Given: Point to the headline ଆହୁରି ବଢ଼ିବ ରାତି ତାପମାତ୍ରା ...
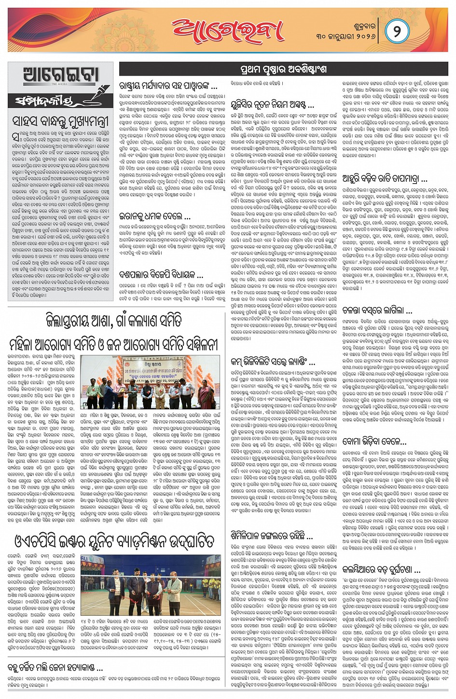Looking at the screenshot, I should [384, 179].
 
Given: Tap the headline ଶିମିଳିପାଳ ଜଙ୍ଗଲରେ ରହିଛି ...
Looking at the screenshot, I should [268, 536].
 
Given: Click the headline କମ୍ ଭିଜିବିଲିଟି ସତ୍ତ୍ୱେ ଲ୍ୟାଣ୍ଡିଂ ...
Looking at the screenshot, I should [273, 361].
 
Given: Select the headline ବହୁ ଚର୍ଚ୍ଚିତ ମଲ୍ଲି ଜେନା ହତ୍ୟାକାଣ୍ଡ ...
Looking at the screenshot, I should [55, 668].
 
